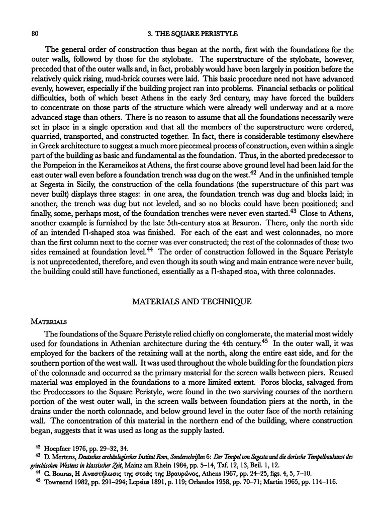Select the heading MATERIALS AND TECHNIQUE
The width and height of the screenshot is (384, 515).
[192, 301]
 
